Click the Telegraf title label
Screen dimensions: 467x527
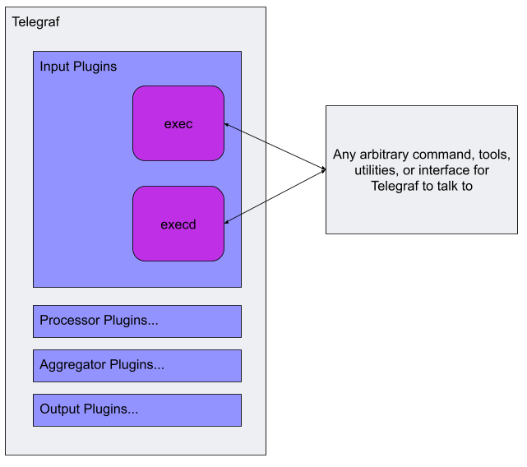[x=35, y=22]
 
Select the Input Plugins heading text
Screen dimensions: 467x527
[x=78, y=67]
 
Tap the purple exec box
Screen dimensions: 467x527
[x=178, y=123]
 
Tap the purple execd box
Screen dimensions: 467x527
[x=178, y=224]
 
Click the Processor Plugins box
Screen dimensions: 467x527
[x=137, y=321]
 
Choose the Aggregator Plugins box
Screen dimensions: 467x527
[x=137, y=366]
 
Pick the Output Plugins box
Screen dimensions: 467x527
[x=137, y=410]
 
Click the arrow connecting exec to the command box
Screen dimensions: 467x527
[x=275, y=146]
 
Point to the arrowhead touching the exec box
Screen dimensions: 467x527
[x=228, y=125]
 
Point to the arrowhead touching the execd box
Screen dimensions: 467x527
[x=228, y=220]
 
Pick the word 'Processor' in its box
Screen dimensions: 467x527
[x=70, y=321]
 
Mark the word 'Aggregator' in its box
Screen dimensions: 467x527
[x=73, y=365]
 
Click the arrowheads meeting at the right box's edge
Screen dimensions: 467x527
[x=322, y=170]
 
